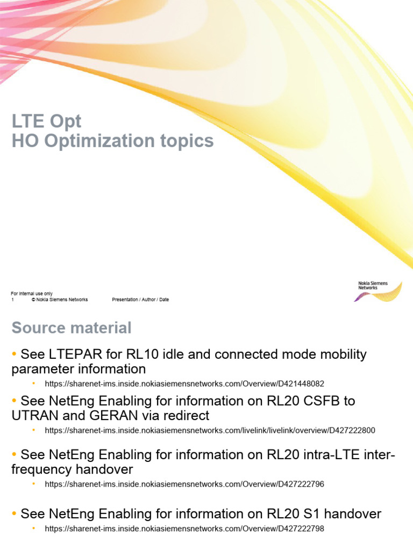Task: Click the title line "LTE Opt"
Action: [x=47, y=121]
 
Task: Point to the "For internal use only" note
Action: [x=32, y=294]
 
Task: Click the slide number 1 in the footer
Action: [x=12, y=300]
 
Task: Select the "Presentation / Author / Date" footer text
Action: [x=140, y=300]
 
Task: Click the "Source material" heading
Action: [x=72, y=328]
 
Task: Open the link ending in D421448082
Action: [x=184, y=384]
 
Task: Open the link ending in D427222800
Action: [x=210, y=430]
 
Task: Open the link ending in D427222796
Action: [x=184, y=484]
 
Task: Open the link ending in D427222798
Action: [x=184, y=529]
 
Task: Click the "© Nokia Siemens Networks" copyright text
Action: [x=60, y=300]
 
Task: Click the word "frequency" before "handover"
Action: [x=42, y=469]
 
